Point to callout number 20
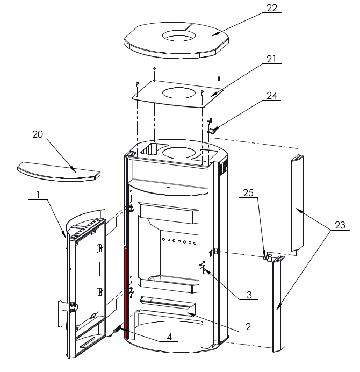38,134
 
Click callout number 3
249,295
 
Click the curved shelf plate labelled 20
59,171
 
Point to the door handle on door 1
57,313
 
